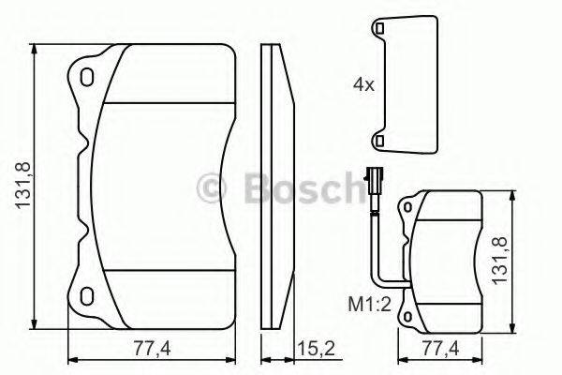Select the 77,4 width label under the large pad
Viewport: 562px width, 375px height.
pos(149,348)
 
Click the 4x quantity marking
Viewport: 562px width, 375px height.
pos(363,84)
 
